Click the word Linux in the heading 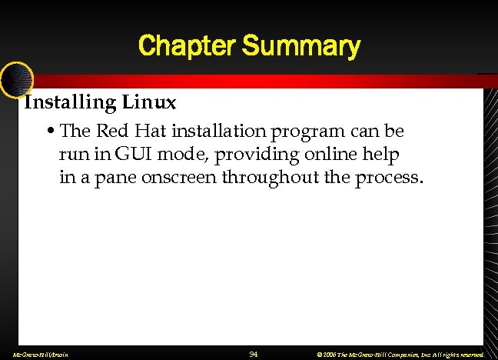click(154, 102)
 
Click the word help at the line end click(381, 155)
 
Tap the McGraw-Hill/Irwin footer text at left click(36, 355)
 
